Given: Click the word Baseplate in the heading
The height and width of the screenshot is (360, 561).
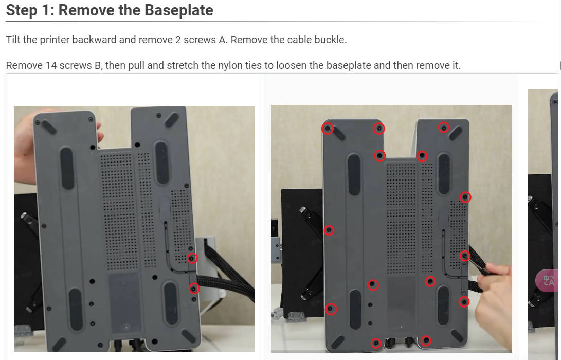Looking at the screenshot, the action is click(179, 10).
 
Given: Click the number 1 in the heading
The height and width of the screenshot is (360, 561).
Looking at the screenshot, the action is click(46, 10).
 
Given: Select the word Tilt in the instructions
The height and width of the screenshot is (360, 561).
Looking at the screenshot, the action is click(13, 40).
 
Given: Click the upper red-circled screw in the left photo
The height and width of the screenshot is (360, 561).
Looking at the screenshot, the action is click(192, 258).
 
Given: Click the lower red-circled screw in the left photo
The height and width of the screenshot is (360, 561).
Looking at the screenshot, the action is click(194, 288).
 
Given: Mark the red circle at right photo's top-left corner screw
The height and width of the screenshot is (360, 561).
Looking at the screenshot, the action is click(328, 129).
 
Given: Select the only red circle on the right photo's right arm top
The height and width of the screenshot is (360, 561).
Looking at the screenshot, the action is click(444, 128).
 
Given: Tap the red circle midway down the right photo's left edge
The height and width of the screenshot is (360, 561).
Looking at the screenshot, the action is click(329, 230).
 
